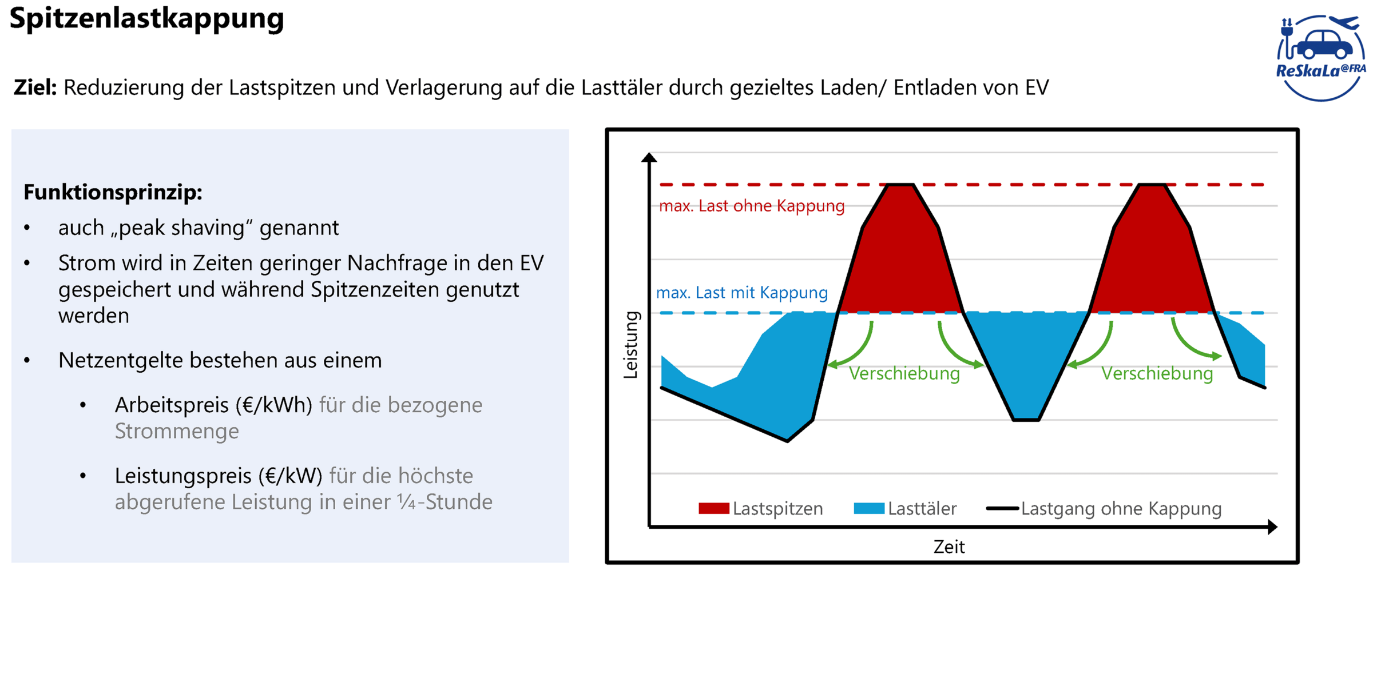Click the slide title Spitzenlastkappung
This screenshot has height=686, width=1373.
(146, 18)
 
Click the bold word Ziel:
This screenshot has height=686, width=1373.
(35, 87)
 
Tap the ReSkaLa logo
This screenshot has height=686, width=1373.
(1320, 58)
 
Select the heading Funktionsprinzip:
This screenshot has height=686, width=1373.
(113, 192)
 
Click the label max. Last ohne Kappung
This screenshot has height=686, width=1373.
(751, 206)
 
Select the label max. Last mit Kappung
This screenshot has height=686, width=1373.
(741, 293)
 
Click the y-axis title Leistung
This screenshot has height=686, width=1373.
(630, 345)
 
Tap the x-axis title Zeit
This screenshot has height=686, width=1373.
(949, 547)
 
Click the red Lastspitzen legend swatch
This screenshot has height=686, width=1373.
(713, 508)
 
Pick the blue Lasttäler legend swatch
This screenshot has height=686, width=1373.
(868, 508)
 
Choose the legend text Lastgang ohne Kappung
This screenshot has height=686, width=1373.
(1121, 508)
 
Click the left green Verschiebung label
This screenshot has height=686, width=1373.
(904, 374)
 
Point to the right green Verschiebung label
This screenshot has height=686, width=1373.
(1157, 374)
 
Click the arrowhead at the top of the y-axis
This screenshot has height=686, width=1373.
(649, 157)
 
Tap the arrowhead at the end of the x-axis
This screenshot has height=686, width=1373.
(1272, 527)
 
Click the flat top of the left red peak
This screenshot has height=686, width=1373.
(900, 185)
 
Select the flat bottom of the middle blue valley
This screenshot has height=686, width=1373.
(1026, 419)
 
